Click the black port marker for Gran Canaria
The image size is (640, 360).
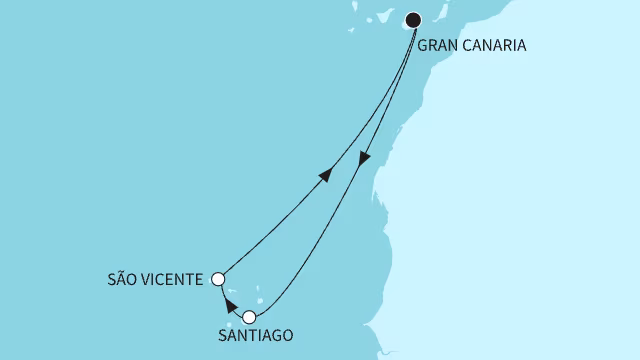click(x=414, y=19)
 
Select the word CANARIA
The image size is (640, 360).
click(x=496, y=45)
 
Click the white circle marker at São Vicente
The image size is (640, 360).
click(x=219, y=279)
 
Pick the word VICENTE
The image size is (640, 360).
click(x=176, y=279)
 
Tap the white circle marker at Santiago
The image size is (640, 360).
click(x=250, y=317)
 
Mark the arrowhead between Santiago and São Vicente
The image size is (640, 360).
click(x=229, y=304)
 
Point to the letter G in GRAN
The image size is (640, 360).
click(x=423, y=45)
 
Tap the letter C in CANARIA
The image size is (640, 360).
click(x=470, y=45)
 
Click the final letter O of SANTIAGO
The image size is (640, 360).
click(x=288, y=338)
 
